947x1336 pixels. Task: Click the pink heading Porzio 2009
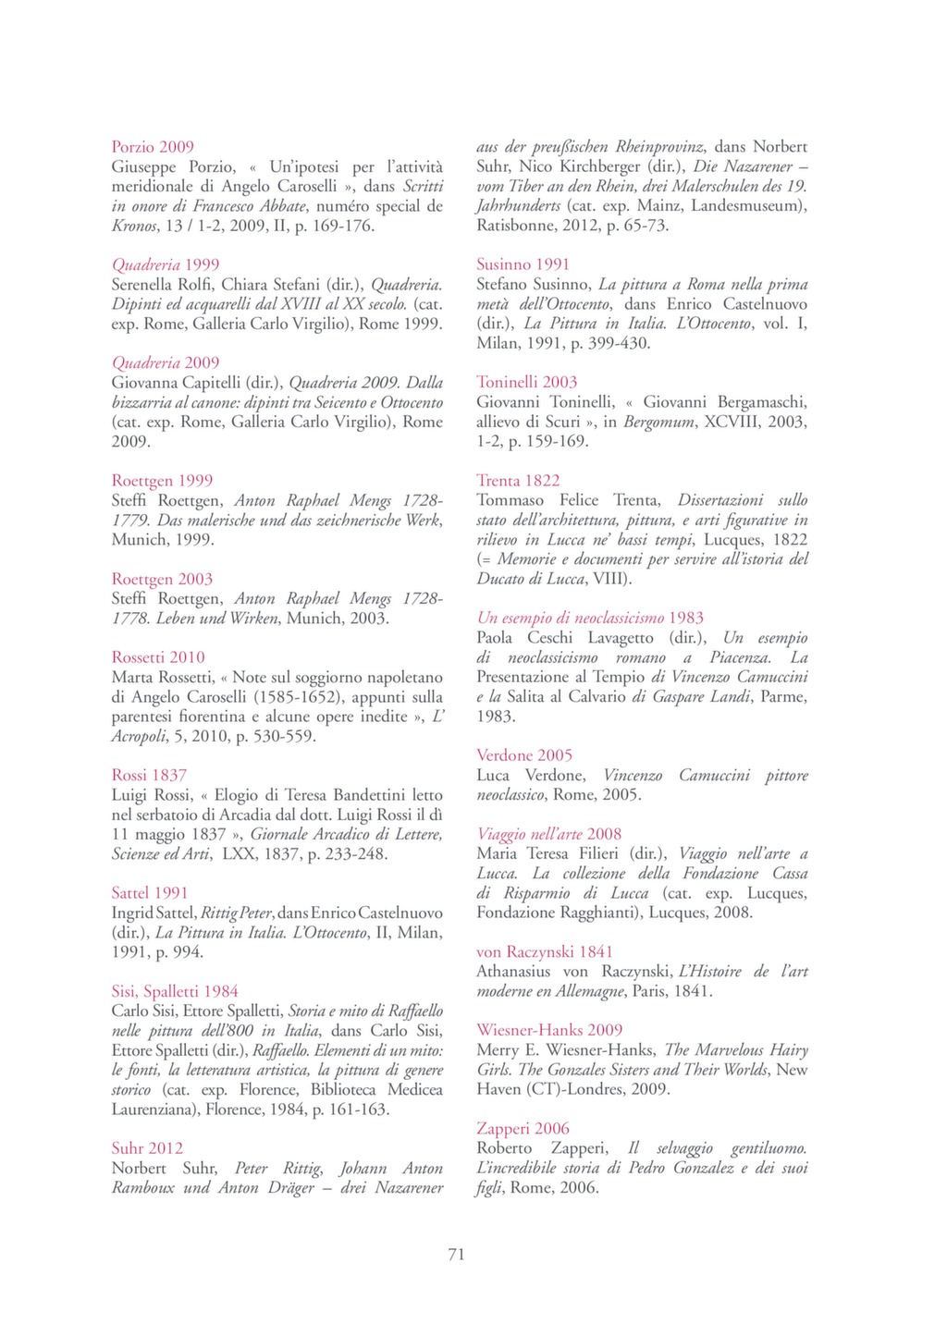pos(153,147)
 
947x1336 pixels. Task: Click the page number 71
pos(456,1255)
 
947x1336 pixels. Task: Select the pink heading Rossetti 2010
pos(158,657)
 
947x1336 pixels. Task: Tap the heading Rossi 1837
pos(149,775)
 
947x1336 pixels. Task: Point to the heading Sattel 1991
pos(150,893)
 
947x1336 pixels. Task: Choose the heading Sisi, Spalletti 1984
pos(175,991)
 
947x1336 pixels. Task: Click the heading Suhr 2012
pos(147,1148)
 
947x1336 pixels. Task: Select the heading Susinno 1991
pos(523,264)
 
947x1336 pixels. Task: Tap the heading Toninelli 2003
pos(526,382)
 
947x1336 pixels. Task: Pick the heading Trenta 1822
pos(518,481)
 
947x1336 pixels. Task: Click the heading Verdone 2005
pos(524,755)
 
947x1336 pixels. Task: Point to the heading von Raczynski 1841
pos(544,951)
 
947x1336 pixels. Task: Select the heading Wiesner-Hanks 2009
pos(549,1030)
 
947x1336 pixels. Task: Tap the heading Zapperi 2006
pos(523,1128)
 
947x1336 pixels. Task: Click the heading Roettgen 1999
pos(162,481)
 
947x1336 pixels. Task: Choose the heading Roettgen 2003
pos(162,579)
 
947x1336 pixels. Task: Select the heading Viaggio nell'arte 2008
pos(549,834)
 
